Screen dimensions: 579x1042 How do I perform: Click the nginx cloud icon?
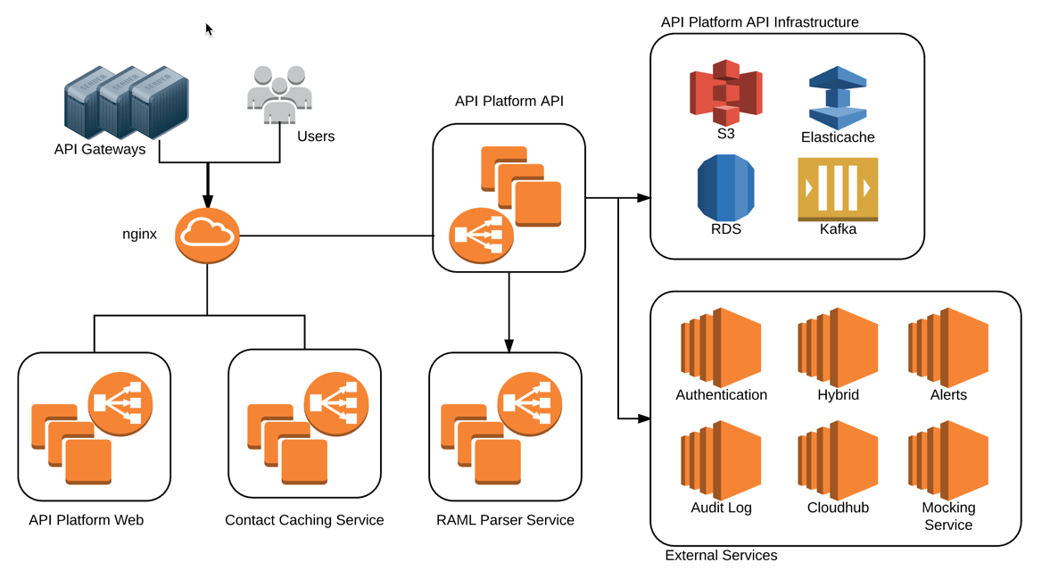click(x=207, y=236)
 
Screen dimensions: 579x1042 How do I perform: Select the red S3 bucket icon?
click(x=725, y=92)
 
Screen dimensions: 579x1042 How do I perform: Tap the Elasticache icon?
click(x=837, y=97)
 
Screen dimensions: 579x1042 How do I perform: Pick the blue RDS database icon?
click(x=725, y=187)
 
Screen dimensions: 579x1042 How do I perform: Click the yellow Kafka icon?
click(x=837, y=189)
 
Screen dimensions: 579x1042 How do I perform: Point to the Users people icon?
click(x=279, y=94)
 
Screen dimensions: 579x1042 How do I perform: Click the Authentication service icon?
click(x=721, y=348)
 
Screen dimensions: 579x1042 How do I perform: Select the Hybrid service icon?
click(x=838, y=348)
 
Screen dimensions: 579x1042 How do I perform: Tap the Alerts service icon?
click(x=948, y=348)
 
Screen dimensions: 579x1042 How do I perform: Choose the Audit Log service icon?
click(x=721, y=460)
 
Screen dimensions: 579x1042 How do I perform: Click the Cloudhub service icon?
click(x=838, y=460)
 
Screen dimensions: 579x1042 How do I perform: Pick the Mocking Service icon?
click(x=948, y=460)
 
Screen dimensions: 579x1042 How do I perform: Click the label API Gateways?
click(x=100, y=149)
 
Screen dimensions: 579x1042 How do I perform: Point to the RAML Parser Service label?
click(x=505, y=520)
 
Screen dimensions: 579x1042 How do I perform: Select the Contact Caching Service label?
click(x=304, y=520)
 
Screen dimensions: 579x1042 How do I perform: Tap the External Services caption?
click(x=721, y=555)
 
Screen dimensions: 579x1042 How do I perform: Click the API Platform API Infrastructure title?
click(x=759, y=22)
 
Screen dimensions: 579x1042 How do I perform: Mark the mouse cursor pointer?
click(x=209, y=29)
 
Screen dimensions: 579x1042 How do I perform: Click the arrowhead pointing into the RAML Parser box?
click(x=509, y=346)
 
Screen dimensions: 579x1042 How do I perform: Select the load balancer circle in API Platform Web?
click(x=120, y=404)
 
